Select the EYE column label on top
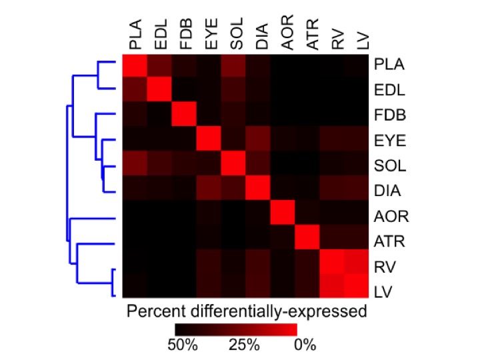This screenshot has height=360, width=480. (x=210, y=37)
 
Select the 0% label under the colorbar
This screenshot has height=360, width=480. (x=303, y=346)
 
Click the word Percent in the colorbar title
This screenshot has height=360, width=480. (x=154, y=311)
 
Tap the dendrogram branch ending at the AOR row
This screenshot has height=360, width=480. (x=93, y=217)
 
